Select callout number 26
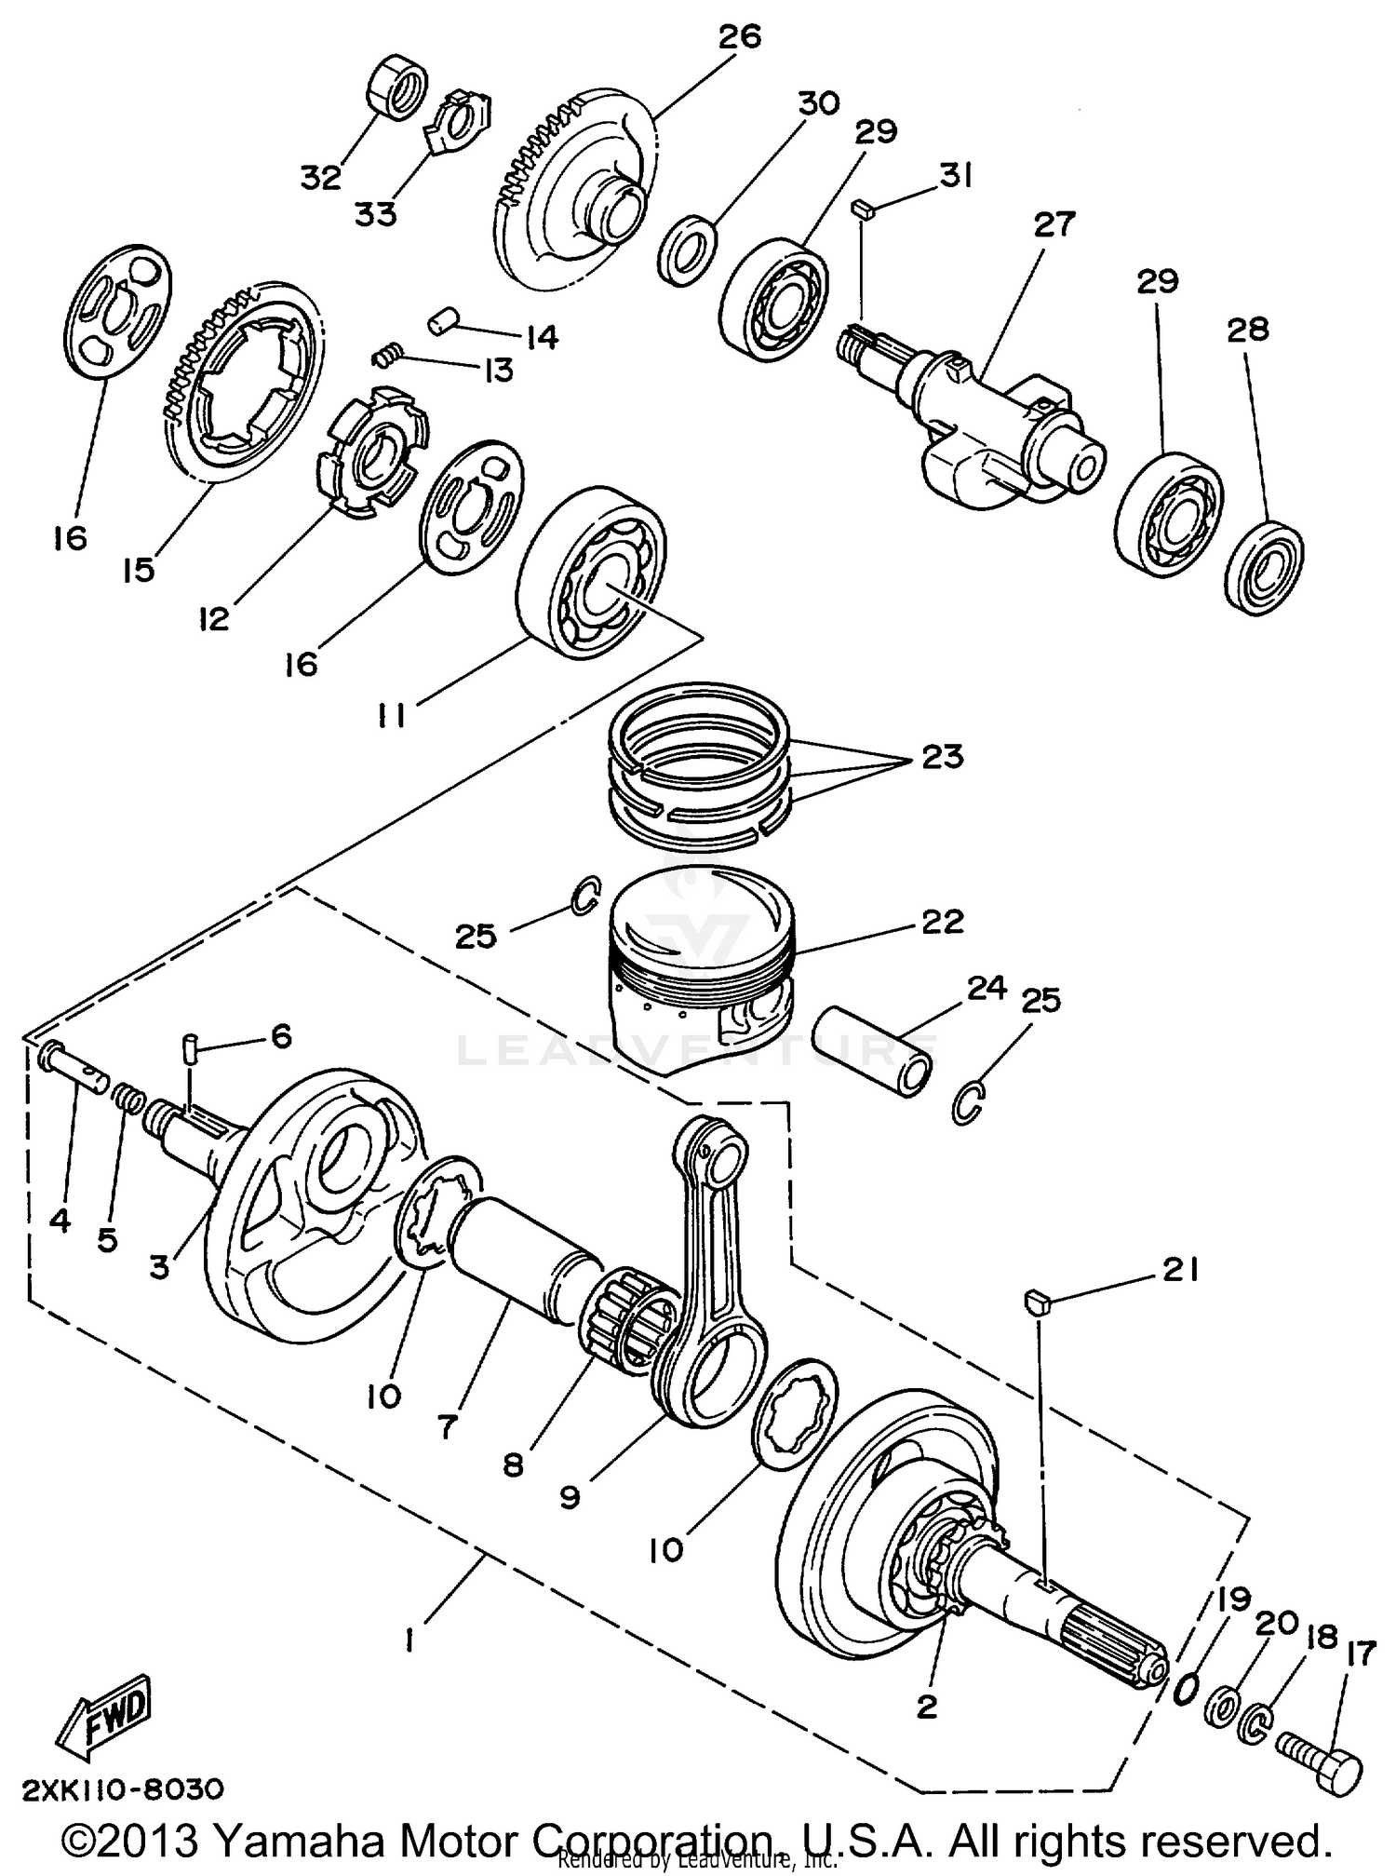740,37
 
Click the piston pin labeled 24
873,1052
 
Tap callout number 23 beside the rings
942,757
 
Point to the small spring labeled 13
389,355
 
